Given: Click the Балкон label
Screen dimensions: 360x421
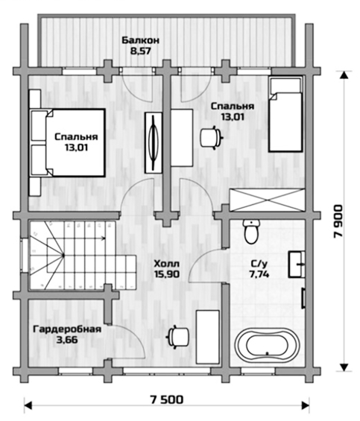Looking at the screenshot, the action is point(140,40).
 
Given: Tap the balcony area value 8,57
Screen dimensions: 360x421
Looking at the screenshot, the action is point(141,51).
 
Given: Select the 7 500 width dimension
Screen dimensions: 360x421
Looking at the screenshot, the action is point(166,399).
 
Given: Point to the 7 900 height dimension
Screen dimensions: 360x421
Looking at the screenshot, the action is point(338,221).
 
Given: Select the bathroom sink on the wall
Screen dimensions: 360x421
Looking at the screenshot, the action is point(297,265).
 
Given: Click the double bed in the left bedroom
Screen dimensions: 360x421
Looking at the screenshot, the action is point(68,142).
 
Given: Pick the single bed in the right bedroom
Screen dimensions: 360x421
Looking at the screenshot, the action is point(286,115).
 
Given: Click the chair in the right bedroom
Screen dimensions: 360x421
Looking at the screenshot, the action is point(212,137).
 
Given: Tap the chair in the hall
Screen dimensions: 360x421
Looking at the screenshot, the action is point(179,337).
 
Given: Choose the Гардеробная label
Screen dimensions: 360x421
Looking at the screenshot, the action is point(67,329).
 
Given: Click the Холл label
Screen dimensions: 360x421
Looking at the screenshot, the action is point(166,264).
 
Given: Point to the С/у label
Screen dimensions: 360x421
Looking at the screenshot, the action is point(259,265).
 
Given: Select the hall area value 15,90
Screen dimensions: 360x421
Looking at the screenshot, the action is point(167,274).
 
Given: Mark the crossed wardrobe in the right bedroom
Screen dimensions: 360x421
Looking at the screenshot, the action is point(267,200).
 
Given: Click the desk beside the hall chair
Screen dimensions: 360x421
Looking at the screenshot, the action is point(208,337).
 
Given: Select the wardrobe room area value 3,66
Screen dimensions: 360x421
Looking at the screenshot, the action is point(67,340).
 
